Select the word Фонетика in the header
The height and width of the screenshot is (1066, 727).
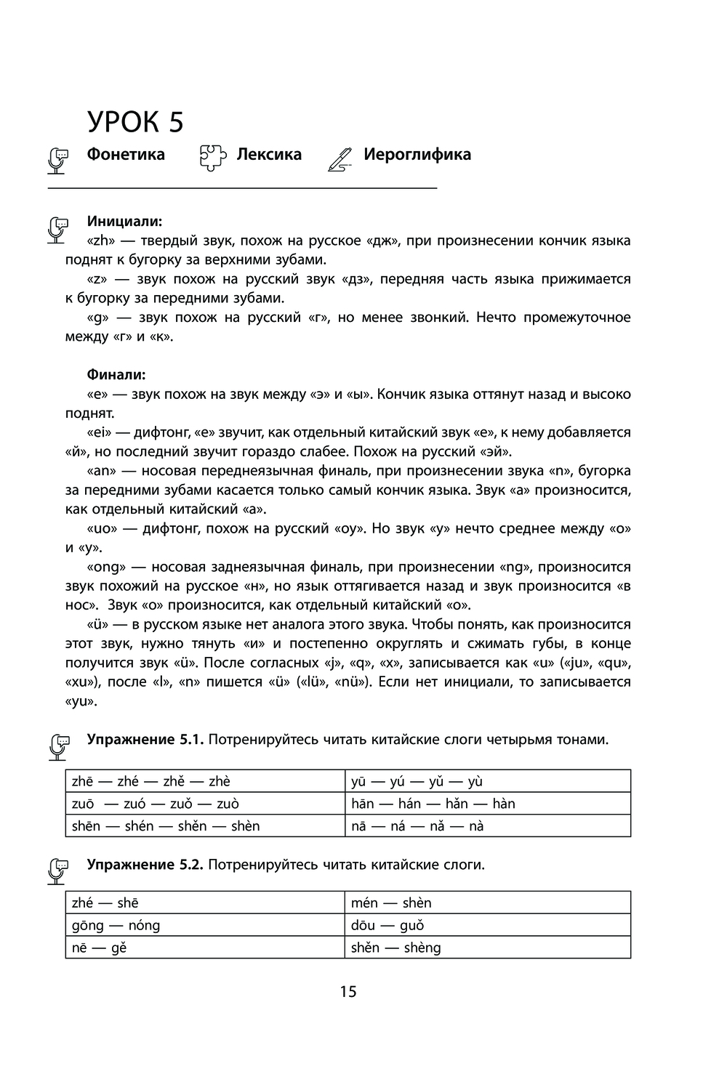[126, 154]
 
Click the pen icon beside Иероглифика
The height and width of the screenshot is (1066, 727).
[340, 158]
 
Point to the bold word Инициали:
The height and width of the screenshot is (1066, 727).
[124, 221]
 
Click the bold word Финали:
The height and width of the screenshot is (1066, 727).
[116, 375]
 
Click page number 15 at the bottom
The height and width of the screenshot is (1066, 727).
[348, 991]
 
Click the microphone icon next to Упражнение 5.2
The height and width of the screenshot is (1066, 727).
[58, 869]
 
